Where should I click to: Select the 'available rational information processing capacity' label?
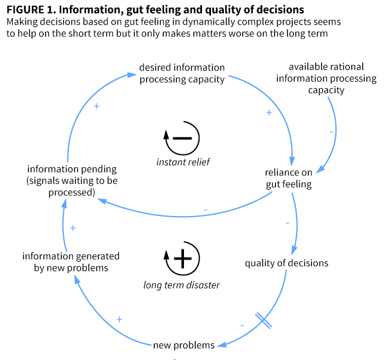326,78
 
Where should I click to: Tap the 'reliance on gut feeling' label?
288,178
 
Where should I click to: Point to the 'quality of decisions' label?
286,262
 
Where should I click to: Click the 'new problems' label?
183,345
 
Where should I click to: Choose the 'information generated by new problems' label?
71,262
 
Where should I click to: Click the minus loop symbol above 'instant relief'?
183,137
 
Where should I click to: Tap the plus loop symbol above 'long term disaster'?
183,258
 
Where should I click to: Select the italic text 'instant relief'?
183,162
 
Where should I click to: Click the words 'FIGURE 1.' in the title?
31,10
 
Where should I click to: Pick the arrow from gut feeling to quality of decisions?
298,222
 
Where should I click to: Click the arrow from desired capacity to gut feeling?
277,106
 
